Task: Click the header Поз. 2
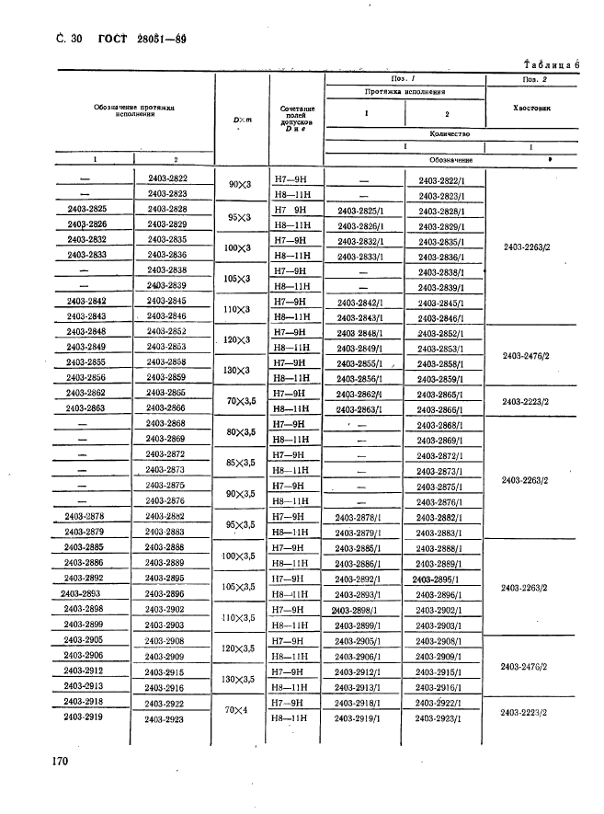(x=535, y=80)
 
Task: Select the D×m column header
(x=237, y=121)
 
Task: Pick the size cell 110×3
(x=237, y=310)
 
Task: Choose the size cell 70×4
(x=237, y=711)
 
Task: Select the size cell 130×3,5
(x=237, y=680)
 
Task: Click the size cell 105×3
(x=237, y=279)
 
